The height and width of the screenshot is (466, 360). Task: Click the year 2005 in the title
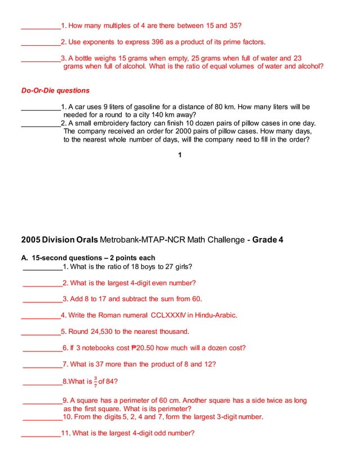[30, 240]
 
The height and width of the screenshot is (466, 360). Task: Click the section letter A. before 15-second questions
[25, 258]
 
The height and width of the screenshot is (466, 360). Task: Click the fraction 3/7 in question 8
[95, 382]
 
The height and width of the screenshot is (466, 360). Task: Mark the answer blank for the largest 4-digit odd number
[41, 433]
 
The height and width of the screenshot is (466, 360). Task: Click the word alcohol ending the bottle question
[308, 66]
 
